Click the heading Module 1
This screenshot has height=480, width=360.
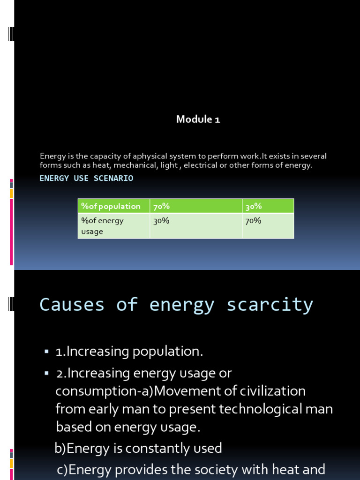198,120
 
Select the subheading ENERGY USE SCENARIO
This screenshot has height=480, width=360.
86,178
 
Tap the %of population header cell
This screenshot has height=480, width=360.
111,206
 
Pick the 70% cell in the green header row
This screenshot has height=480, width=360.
161,206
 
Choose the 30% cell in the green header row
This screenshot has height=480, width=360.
254,206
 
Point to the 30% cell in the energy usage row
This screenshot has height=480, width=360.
161,221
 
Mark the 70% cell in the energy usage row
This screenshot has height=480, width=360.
253,221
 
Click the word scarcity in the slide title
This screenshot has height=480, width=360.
270,305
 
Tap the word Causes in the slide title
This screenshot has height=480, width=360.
72,305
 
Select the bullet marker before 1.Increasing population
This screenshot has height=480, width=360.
46,351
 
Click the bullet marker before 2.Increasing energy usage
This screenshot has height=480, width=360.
46,373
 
